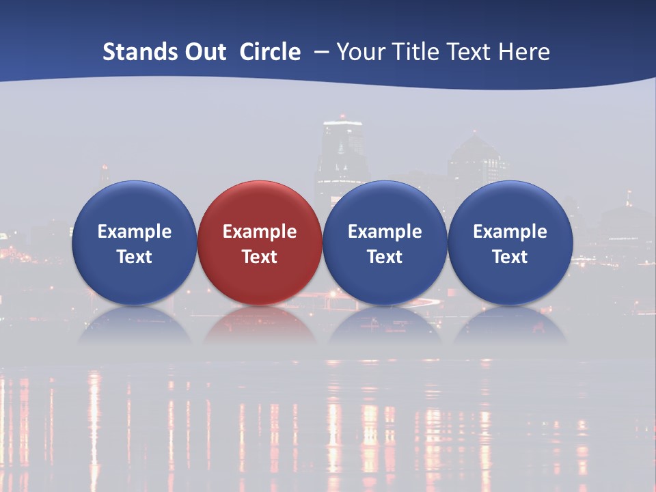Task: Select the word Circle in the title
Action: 270,52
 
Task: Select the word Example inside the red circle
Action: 260,232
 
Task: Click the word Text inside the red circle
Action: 260,257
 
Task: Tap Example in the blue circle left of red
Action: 134,232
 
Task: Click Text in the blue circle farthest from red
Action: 510,257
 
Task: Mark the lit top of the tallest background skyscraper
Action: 342,125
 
